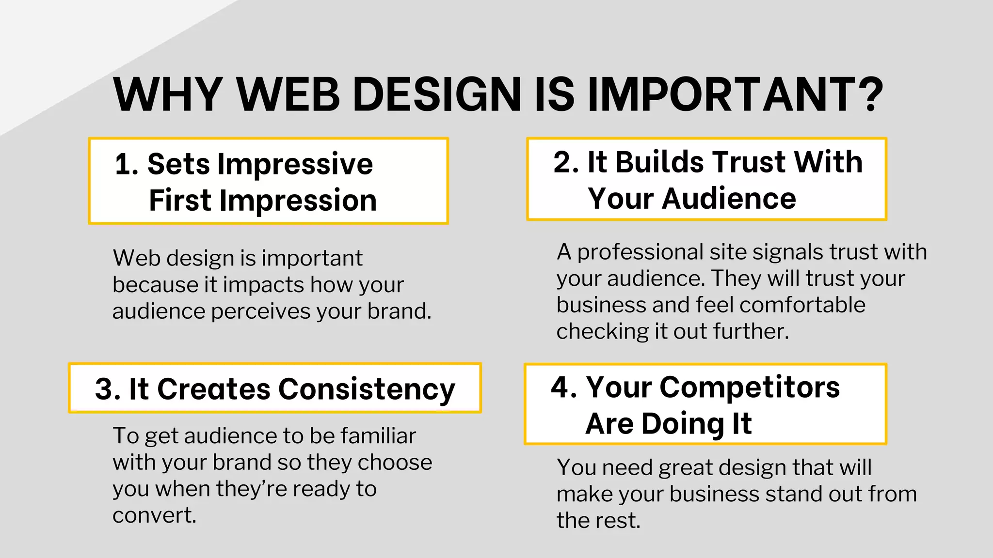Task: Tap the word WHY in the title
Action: coord(168,94)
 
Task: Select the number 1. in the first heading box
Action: coord(127,165)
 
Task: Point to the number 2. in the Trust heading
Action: coord(566,162)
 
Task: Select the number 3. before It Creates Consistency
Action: coord(108,389)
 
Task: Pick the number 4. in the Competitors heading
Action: coord(564,387)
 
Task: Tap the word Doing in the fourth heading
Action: coord(683,424)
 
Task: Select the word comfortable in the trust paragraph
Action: coord(802,305)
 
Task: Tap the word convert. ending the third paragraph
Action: coord(154,515)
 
